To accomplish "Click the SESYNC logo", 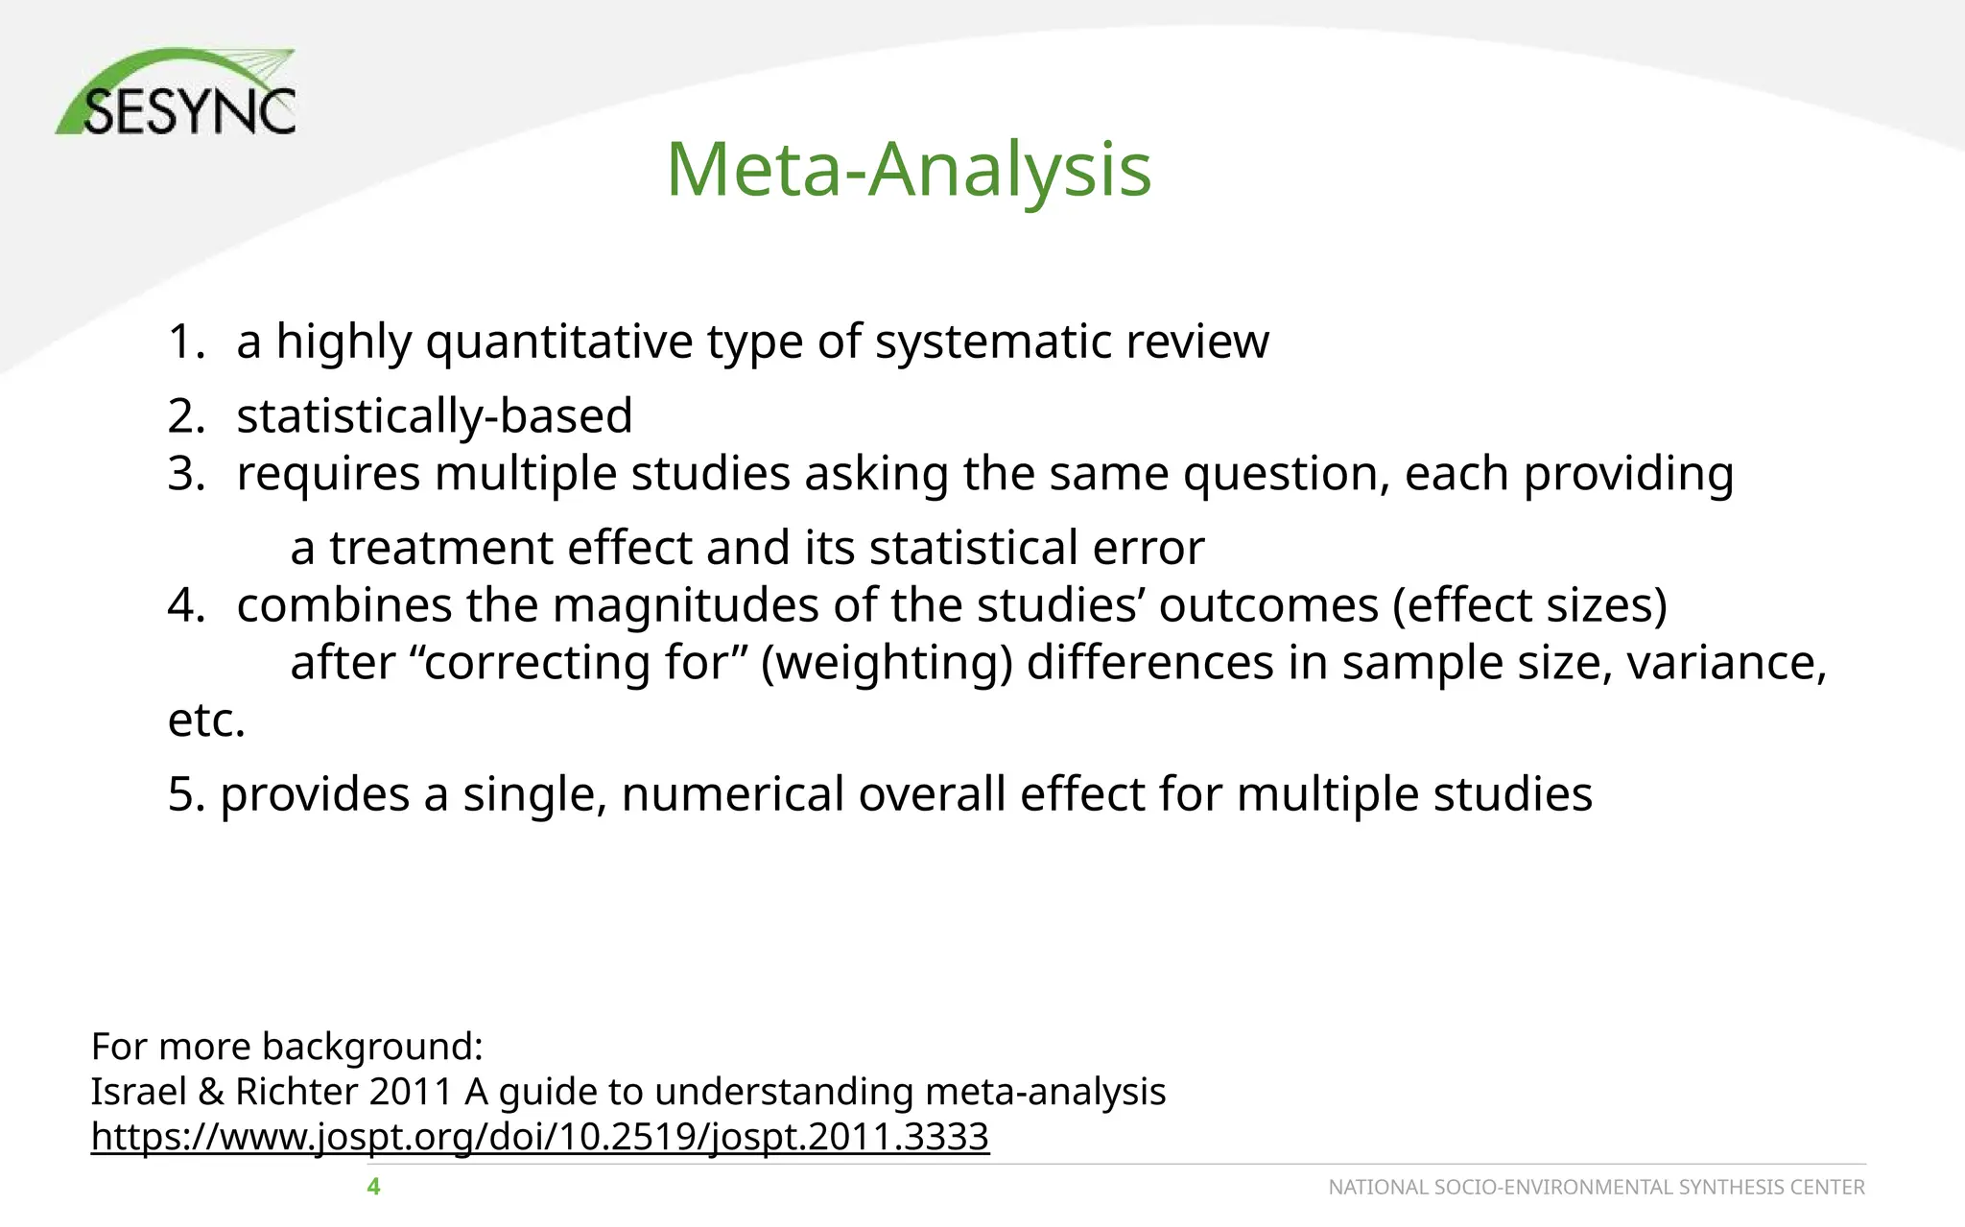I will point(178,93).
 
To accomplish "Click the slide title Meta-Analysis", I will point(909,170).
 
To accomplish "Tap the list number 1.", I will point(185,342).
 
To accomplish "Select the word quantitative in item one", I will point(559,342).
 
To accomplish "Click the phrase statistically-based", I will point(435,416).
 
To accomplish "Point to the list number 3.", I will point(185,474).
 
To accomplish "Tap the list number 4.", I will point(185,605).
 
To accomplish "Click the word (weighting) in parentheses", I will point(887,663).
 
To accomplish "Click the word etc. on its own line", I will point(206,720).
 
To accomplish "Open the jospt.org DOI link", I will point(539,1137).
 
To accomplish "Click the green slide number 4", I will point(373,1188).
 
